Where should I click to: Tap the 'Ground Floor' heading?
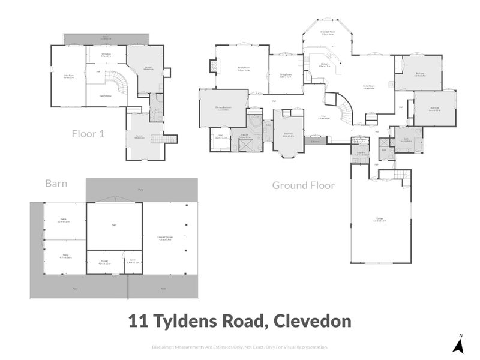click(x=303, y=185)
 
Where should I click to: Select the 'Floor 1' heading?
click(x=88, y=133)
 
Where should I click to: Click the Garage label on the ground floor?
click(x=379, y=220)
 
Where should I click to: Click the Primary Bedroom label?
click(x=223, y=109)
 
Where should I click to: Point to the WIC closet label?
click(x=220, y=137)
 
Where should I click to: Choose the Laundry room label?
click(x=360, y=153)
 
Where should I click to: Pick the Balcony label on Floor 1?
click(x=106, y=37)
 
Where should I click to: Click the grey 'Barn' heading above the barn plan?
click(x=56, y=184)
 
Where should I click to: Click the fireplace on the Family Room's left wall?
click(x=213, y=67)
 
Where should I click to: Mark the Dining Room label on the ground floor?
click(x=285, y=76)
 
